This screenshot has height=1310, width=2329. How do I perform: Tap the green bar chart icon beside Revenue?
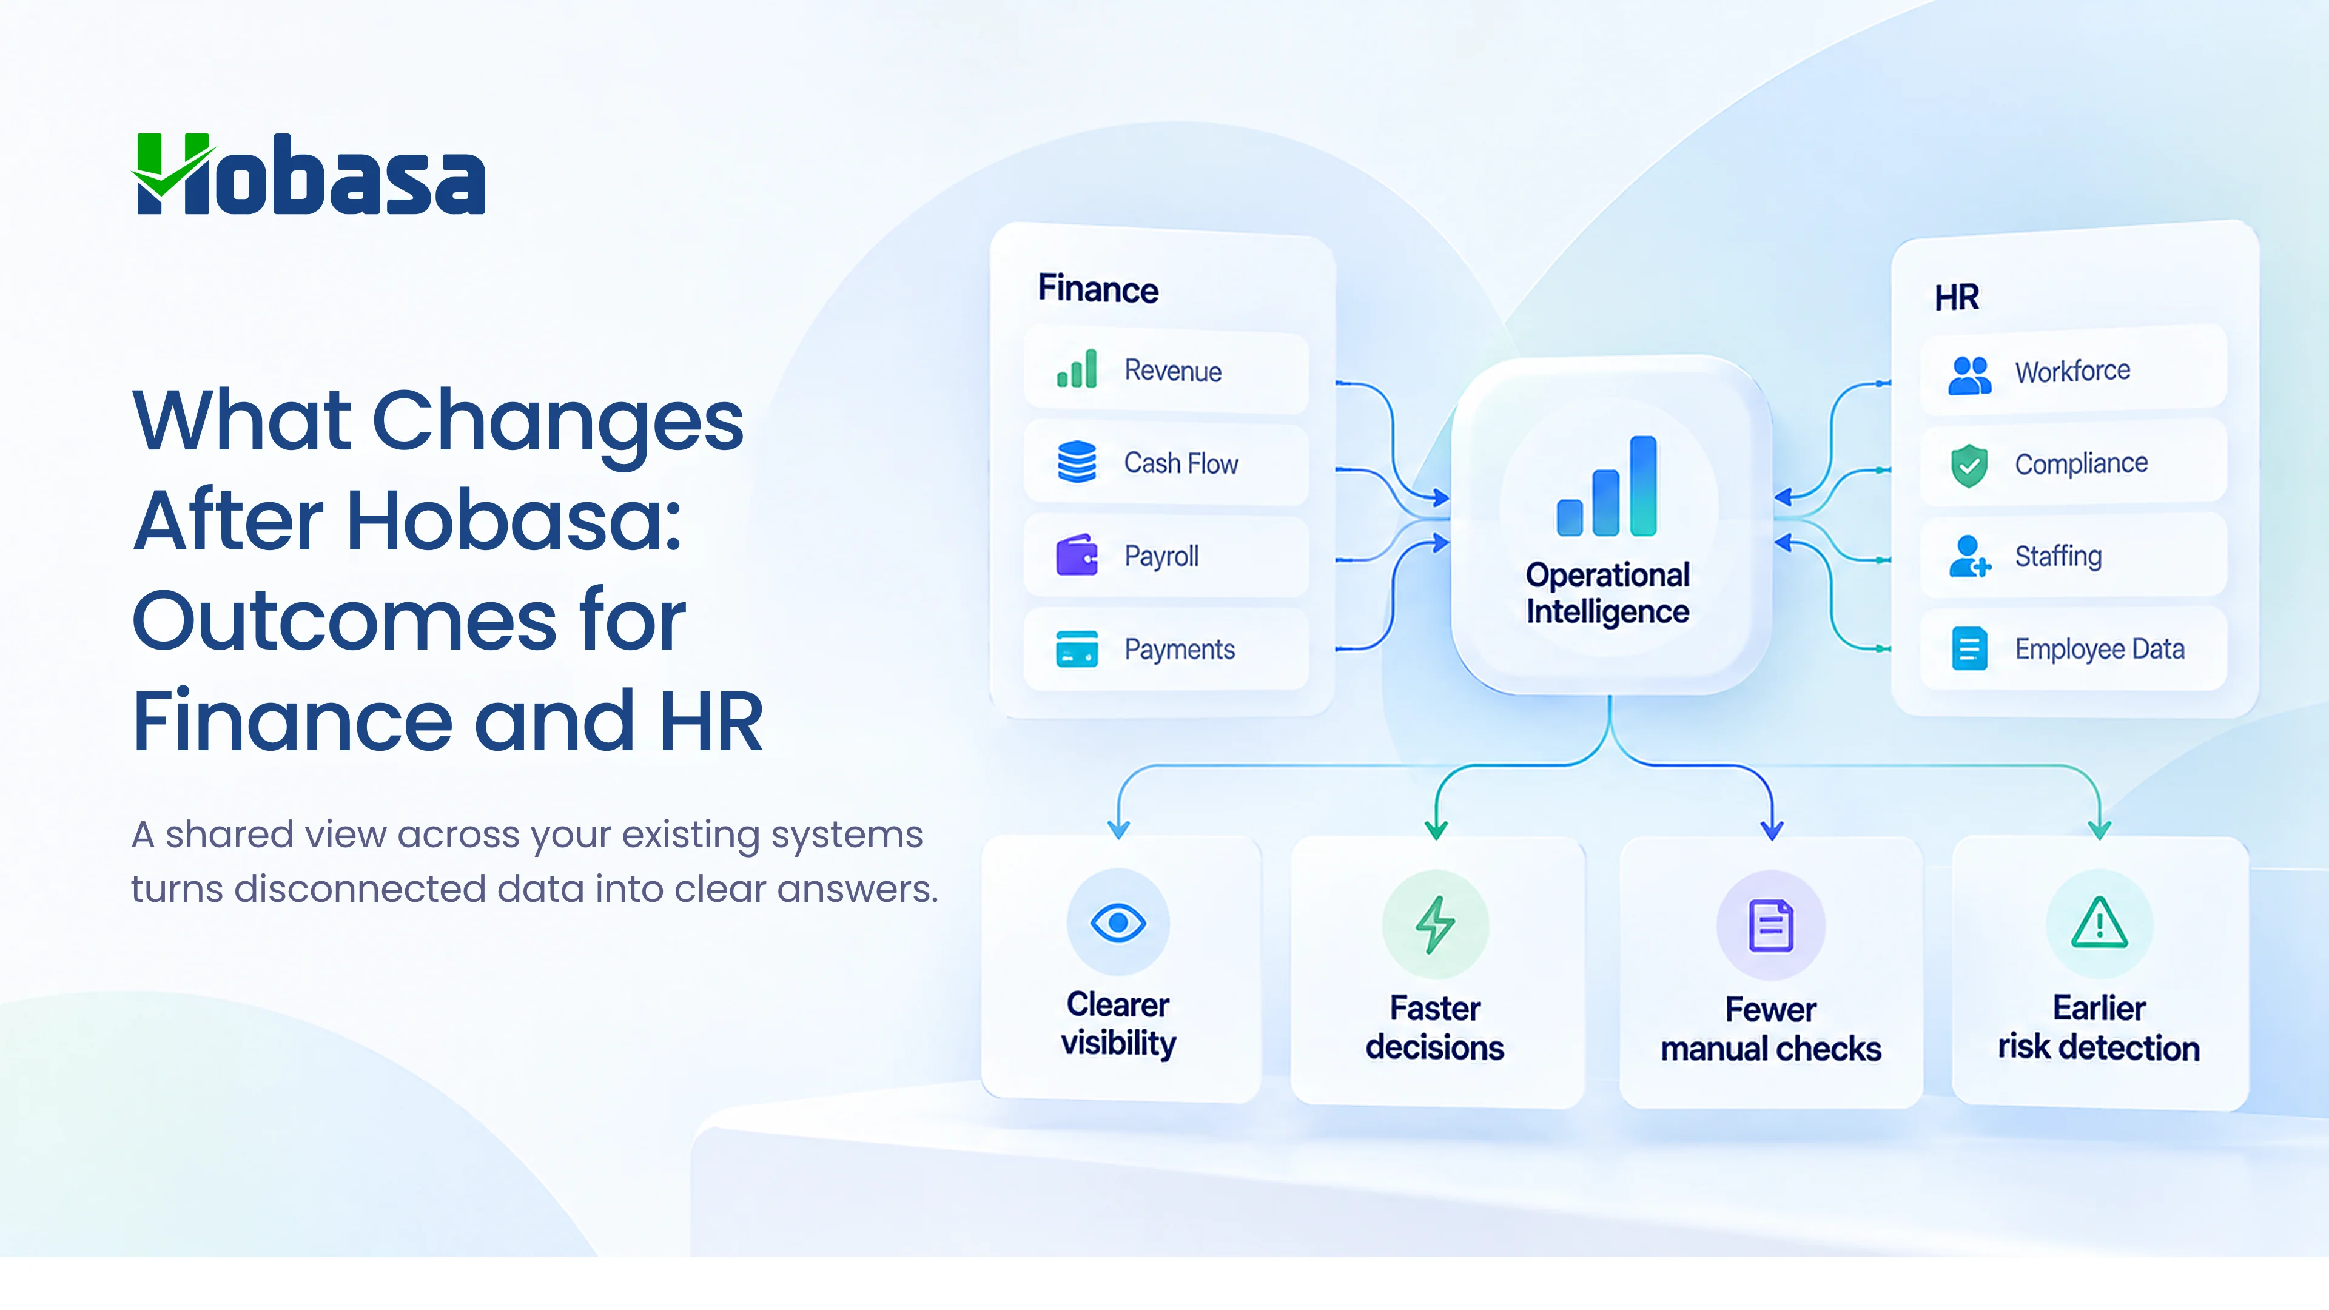tap(1077, 369)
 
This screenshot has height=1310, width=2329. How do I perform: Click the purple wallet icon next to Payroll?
tap(1077, 554)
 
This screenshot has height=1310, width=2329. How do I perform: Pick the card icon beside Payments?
tap(1077, 648)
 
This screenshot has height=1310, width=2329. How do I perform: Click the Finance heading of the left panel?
tap(1098, 289)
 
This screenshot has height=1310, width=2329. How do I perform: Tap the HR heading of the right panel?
tap(1957, 297)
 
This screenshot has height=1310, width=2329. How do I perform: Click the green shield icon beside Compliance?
tap(1969, 466)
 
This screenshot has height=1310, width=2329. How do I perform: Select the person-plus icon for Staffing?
tap(1970, 556)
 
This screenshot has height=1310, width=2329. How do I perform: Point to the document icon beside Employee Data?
tap(1969, 648)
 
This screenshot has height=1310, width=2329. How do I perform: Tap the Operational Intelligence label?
tap(1607, 593)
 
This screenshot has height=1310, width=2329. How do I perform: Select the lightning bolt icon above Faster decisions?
tap(1435, 925)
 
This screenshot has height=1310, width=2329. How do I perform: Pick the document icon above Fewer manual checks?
tap(1771, 925)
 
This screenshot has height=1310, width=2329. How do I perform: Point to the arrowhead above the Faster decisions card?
tap(1436, 829)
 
